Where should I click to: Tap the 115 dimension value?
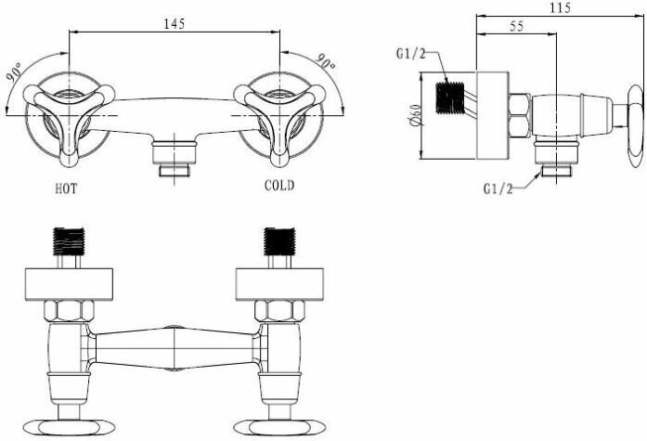pyautogui.click(x=558, y=7)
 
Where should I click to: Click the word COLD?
pyautogui.click(x=278, y=186)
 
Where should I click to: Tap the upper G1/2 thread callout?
pyautogui.click(x=409, y=53)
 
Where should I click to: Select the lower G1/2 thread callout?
pyautogui.click(x=498, y=188)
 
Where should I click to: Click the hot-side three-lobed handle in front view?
pyautogui.click(x=70, y=110)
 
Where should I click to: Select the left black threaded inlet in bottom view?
pyautogui.click(x=71, y=240)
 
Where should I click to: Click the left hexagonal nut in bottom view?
pyautogui.click(x=71, y=310)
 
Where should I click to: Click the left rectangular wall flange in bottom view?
pyautogui.click(x=71, y=282)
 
